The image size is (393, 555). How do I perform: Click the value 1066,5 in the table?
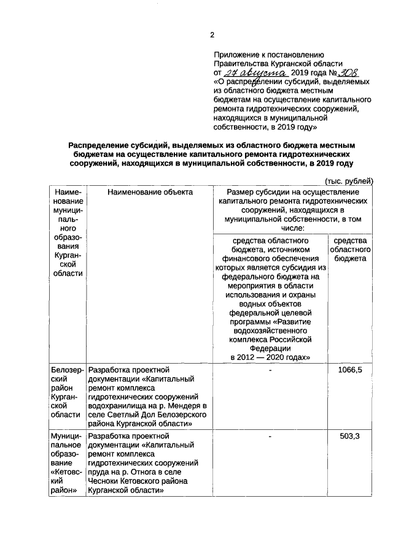click(350, 370)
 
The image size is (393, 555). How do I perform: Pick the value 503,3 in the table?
click(350, 436)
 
